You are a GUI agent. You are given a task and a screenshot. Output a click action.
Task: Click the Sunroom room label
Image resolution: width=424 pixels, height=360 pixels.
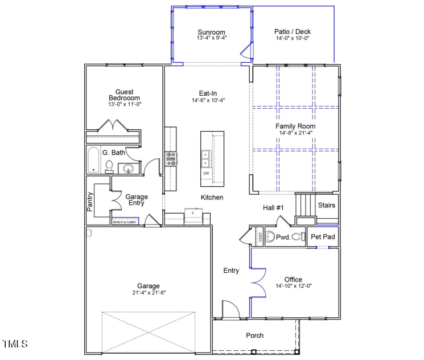point(212,32)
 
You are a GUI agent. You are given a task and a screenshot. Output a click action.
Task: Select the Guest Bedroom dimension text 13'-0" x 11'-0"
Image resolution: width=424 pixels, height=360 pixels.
point(124,105)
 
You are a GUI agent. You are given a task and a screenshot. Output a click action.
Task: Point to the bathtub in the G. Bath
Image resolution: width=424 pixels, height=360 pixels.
point(93,160)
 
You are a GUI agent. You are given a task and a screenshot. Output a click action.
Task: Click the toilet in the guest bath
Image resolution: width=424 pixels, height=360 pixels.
point(110,166)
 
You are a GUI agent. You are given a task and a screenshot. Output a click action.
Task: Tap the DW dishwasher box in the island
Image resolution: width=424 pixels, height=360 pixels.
point(206,173)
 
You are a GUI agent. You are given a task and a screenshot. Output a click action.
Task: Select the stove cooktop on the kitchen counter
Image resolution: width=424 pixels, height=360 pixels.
point(171,158)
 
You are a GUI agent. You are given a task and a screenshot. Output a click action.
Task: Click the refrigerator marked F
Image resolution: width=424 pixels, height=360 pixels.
point(193,214)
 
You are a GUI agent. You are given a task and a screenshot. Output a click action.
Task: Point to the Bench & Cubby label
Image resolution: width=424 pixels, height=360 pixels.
point(125,222)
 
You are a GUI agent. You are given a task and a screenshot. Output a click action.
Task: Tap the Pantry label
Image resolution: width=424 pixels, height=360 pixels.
point(90,201)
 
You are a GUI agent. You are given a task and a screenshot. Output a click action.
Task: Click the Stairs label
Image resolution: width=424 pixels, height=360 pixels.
point(326,205)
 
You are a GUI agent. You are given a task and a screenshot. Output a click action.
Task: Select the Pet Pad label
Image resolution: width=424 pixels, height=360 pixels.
point(323,236)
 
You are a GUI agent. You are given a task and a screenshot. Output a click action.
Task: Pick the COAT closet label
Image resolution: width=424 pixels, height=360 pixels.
point(260,238)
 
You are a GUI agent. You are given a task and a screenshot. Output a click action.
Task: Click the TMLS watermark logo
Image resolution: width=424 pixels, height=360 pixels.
point(15,343)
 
